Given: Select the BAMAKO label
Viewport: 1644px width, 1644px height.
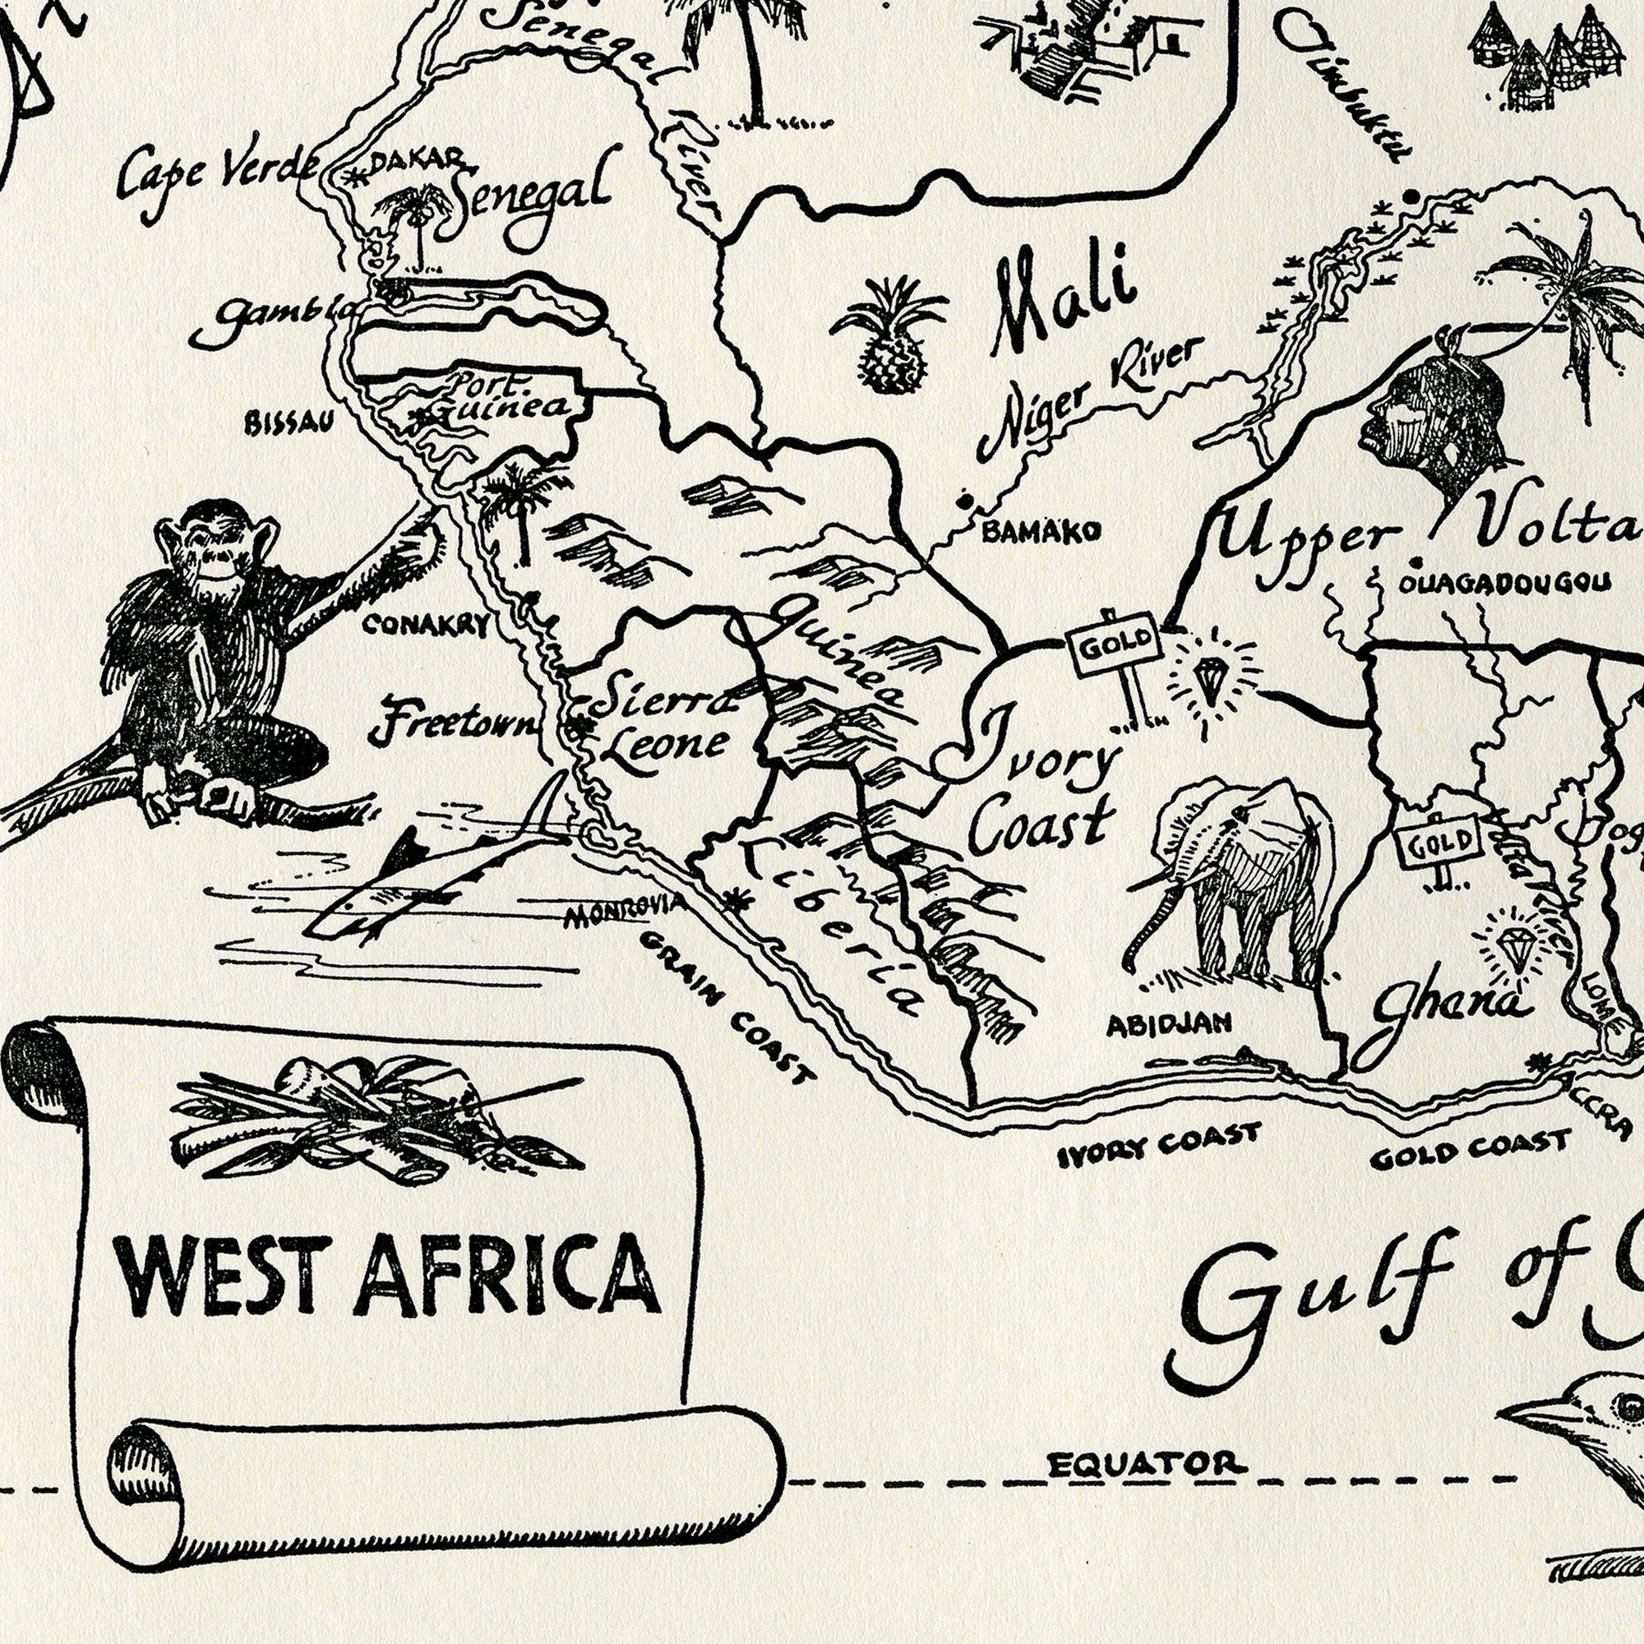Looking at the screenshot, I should pyautogui.click(x=1041, y=533).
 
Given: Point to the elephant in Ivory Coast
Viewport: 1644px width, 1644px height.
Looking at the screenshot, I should pyautogui.click(x=1234, y=885).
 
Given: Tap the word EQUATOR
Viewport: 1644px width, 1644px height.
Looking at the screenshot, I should pyautogui.click(x=1145, y=1465).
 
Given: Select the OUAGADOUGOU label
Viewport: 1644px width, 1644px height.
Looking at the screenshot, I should pyautogui.click(x=1504, y=583).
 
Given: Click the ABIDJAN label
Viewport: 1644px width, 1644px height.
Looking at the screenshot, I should pyautogui.click(x=1168, y=1023).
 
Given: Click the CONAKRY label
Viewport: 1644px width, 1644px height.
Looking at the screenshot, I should pyautogui.click(x=427, y=626).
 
